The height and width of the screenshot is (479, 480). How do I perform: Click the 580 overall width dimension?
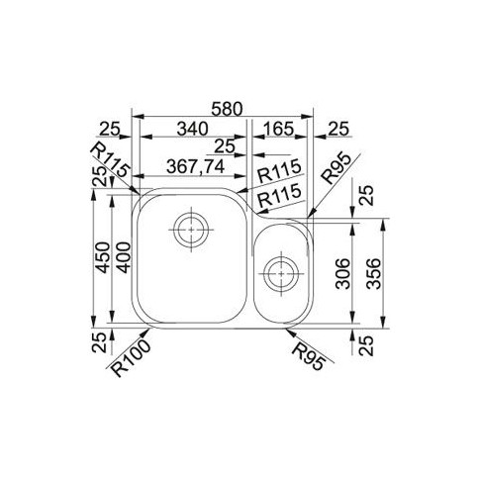[x=227, y=109]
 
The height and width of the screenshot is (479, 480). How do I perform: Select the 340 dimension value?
[x=193, y=129]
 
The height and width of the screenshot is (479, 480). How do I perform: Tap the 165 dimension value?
[x=277, y=129]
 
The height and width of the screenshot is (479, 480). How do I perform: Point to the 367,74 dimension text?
[x=195, y=167]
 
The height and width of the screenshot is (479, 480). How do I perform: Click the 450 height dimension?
[x=102, y=257]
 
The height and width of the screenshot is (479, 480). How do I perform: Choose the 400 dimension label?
[x=122, y=257]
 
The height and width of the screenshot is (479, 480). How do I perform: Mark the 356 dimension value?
[x=374, y=274]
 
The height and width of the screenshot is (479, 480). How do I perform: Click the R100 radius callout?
[x=131, y=358]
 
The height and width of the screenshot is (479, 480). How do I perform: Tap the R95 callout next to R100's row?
[x=309, y=356]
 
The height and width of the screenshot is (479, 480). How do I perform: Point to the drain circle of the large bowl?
[x=191, y=230]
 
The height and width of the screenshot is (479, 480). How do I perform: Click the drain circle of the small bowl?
[x=281, y=274]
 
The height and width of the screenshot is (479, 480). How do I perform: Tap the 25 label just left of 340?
[x=109, y=129]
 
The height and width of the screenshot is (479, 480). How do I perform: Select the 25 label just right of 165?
[x=338, y=129]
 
